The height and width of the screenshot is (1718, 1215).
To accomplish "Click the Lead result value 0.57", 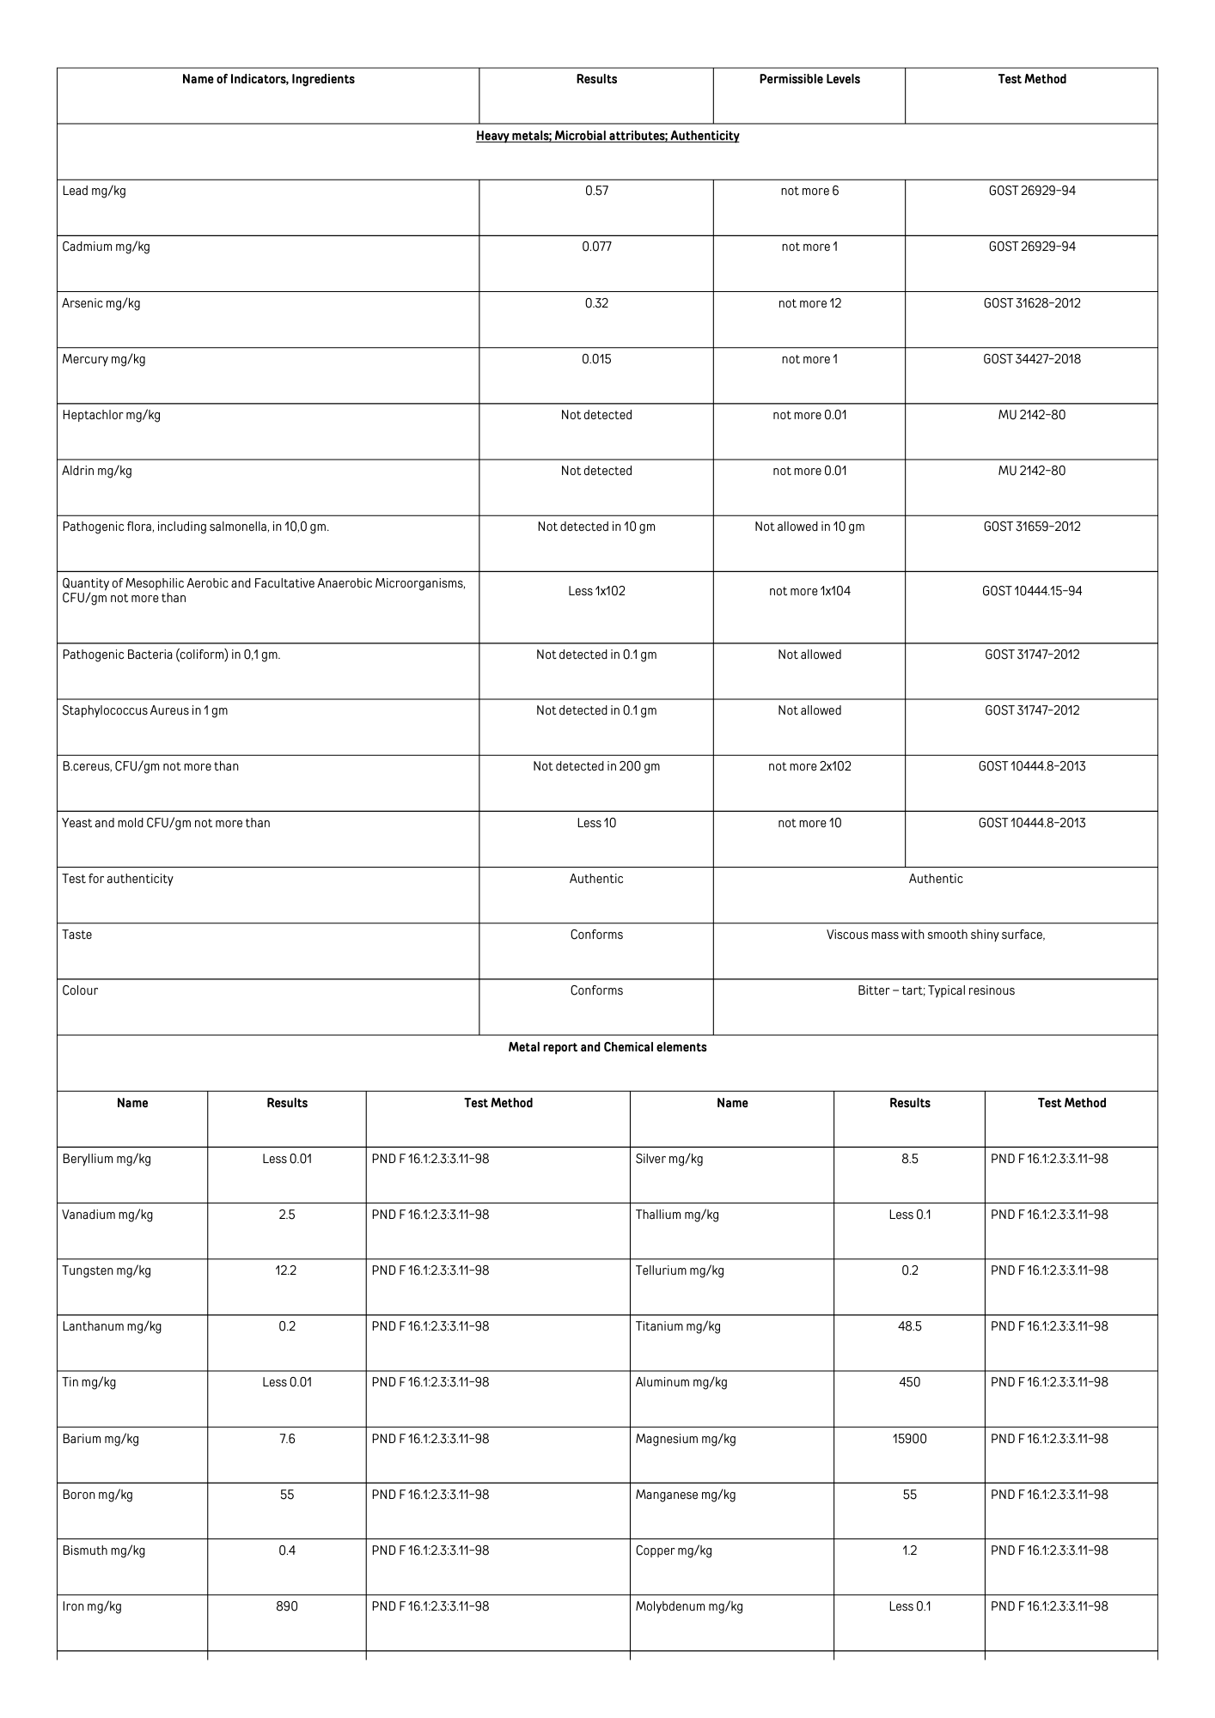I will [596, 191].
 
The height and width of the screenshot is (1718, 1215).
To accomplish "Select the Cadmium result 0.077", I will [596, 247].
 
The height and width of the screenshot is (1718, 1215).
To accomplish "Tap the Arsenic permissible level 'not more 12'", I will [809, 303].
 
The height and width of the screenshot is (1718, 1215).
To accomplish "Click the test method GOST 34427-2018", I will [1031, 359].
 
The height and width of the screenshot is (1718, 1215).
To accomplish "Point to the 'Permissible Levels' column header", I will [809, 79].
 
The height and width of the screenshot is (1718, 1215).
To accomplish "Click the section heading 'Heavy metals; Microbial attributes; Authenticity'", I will [607, 136].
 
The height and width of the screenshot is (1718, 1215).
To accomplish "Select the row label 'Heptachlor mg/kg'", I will [111, 415].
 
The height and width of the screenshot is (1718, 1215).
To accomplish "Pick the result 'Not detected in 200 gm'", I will [596, 766].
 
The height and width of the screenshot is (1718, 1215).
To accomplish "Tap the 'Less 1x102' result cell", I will [596, 591].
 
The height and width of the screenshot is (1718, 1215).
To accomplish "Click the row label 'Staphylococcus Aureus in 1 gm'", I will [144, 710].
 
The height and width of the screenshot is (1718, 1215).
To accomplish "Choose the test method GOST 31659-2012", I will [1031, 527].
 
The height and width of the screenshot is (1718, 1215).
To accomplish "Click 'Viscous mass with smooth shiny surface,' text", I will [936, 935].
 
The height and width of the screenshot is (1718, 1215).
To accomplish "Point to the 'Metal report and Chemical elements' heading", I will [607, 1047].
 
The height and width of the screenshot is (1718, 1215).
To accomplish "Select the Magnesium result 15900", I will [909, 1439].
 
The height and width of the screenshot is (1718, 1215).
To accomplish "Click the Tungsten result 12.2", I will [286, 1270].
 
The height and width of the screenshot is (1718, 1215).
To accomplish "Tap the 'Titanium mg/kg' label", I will [678, 1326].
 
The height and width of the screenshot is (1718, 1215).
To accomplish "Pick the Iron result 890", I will [286, 1606].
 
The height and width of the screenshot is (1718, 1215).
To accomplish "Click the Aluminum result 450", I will [909, 1382].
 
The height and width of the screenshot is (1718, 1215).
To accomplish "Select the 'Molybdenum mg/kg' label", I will [689, 1606].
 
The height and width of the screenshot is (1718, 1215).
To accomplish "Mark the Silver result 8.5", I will [909, 1159].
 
